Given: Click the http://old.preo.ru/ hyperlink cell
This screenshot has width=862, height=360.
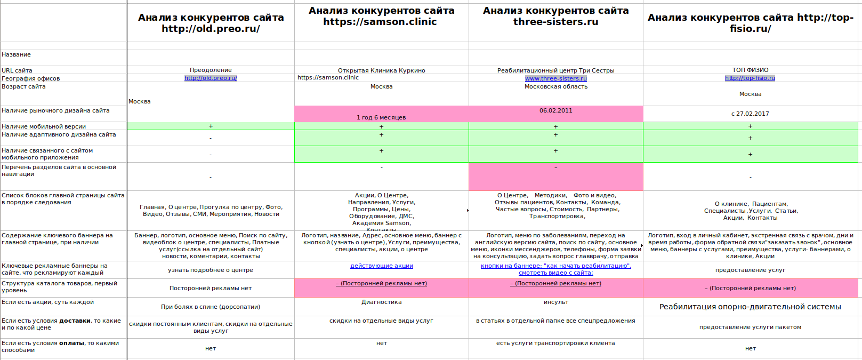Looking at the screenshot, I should [x=211, y=78].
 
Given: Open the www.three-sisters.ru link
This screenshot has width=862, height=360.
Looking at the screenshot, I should [x=555, y=78].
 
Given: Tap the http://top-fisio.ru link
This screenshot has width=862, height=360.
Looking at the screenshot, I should [x=750, y=78].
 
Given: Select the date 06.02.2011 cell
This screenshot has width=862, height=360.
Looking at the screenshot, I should [x=555, y=111].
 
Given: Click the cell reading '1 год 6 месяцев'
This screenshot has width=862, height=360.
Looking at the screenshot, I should [x=381, y=117].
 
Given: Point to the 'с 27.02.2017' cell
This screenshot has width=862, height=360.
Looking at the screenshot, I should [x=750, y=114].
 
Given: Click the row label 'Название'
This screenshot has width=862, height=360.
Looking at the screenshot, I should [x=17, y=55].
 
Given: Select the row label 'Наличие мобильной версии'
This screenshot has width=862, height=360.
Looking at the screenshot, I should [x=44, y=126].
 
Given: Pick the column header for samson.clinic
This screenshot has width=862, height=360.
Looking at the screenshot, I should [x=381, y=17].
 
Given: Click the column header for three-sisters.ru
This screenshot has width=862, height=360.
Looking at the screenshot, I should [x=555, y=17].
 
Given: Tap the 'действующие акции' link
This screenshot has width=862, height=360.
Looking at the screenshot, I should [x=381, y=266].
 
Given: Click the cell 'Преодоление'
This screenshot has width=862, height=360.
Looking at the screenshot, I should [x=211, y=70].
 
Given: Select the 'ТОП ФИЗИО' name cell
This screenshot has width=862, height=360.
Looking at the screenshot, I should [x=750, y=70].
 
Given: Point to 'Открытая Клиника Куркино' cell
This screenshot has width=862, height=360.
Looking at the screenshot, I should [x=381, y=70].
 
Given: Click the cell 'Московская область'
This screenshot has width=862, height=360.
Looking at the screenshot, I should [x=555, y=86].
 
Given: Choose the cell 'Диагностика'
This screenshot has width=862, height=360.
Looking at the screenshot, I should [x=381, y=302].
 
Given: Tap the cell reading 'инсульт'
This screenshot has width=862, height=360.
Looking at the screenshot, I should [x=555, y=302].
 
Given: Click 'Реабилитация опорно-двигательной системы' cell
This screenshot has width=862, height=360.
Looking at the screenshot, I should [x=750, y=307].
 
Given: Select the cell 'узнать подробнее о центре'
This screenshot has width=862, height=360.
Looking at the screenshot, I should [x=211, y=270].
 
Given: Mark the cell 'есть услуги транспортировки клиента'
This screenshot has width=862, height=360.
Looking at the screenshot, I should [x=555, y=343].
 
